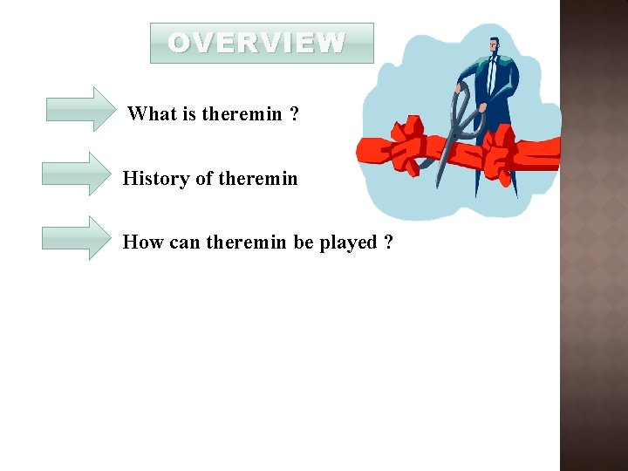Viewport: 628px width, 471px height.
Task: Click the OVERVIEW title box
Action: [x=262, y=43]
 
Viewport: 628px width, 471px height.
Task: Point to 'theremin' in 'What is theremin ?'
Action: [x=242, y=114]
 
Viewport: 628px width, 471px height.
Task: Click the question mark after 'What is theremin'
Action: [x=294, y=114]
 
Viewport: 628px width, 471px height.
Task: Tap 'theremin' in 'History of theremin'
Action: [x=258, y=179]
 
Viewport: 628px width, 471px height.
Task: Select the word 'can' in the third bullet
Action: [x=184, y=242]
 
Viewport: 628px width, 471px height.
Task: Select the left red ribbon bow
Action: [x=405, y=150]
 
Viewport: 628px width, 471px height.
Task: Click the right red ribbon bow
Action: [x=502, y=150]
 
